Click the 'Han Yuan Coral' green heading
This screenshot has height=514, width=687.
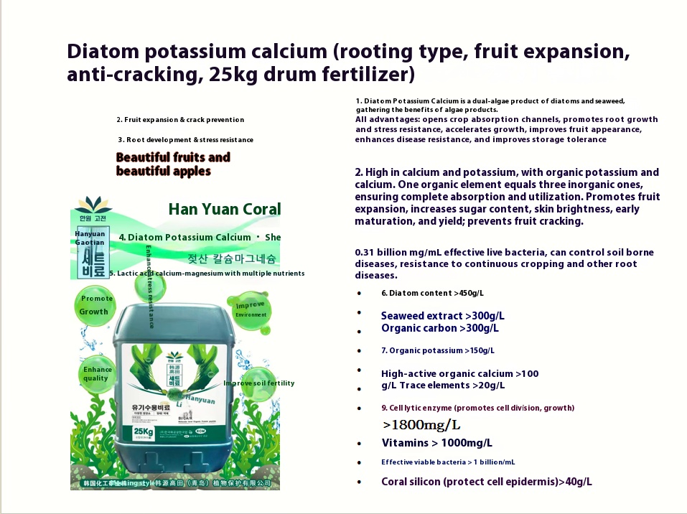225,209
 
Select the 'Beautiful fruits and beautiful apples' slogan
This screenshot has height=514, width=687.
173,164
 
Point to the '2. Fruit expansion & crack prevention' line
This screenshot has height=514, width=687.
180,120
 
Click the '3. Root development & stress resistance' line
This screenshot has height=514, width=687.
185,140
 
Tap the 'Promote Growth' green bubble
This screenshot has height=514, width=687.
95,305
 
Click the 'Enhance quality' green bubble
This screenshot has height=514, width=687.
96,373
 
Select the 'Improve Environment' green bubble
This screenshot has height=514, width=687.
251,309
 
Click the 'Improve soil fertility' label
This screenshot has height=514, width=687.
258,383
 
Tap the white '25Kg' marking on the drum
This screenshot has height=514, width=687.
143,431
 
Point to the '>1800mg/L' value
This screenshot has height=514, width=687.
421,424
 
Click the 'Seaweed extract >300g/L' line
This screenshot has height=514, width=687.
442,316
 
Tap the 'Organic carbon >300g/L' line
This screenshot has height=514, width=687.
439,328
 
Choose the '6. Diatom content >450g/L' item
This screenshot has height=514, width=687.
432,293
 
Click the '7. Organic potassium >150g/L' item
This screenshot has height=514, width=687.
437,350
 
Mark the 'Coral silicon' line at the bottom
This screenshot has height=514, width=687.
486,482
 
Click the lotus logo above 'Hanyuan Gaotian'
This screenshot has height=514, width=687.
93,204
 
